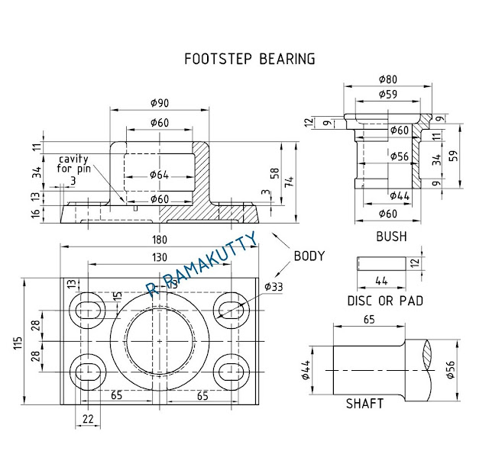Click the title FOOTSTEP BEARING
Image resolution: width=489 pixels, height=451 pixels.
click(251, 59)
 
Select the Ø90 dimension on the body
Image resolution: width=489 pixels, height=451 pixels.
click(159, 103)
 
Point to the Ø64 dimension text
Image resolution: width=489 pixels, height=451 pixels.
click(159, 175)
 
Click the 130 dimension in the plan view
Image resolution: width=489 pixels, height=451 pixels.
click(159, 258)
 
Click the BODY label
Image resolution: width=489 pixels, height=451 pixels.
click(309, 256)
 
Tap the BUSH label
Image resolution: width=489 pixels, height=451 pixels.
click(391, 237)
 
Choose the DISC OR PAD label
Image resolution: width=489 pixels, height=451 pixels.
click(385, 301)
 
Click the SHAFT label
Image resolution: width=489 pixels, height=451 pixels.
click(365, 403)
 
